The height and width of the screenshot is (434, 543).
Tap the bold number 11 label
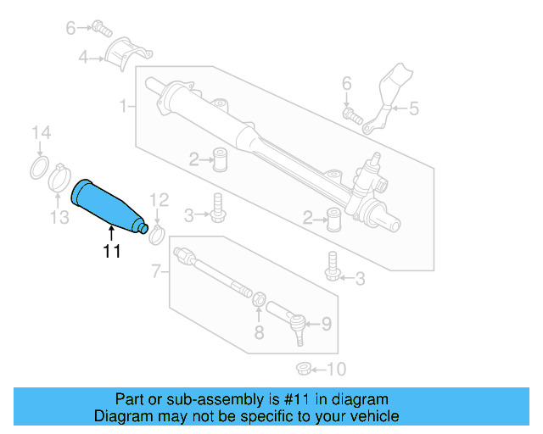point(111,251)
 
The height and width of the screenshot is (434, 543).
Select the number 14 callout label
point(42,132)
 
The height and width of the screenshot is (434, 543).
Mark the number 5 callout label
point(414,108)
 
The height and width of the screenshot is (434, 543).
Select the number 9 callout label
point(326,324)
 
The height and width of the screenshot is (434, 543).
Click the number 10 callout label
point(338,369)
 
